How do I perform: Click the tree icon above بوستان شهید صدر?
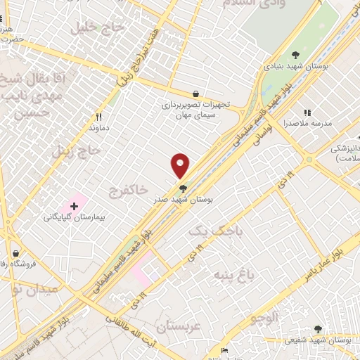click(x=184, y=188)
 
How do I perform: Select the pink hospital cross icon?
click(x=74, y=205)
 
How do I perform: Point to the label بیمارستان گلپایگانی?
click(x=74, y=218)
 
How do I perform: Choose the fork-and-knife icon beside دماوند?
click(x=99, y=117)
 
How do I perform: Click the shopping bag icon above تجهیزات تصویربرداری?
click(x=195, y=94)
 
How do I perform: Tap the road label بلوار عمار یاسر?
click(x=330, y=259)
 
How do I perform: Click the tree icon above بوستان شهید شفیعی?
click(x=318, y=328)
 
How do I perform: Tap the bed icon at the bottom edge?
click(x=224, y=351)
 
